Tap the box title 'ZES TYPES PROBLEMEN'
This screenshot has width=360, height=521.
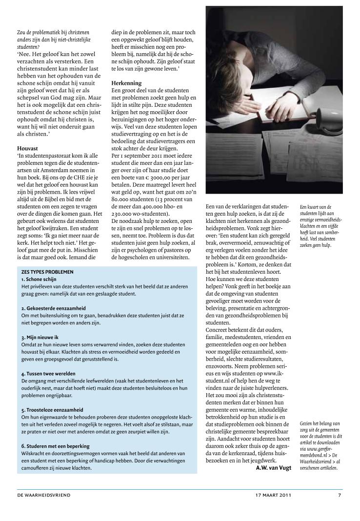point(47,272)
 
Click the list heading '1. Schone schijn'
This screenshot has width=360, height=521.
point(39,279)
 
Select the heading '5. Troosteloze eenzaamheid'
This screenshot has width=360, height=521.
point(52,410)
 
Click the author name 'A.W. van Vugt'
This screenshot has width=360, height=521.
point(274,468)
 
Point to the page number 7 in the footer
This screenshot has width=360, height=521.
point(340,495)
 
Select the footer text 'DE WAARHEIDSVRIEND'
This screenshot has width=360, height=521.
point(43,495)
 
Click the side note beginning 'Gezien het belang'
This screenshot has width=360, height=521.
point(320,445)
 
